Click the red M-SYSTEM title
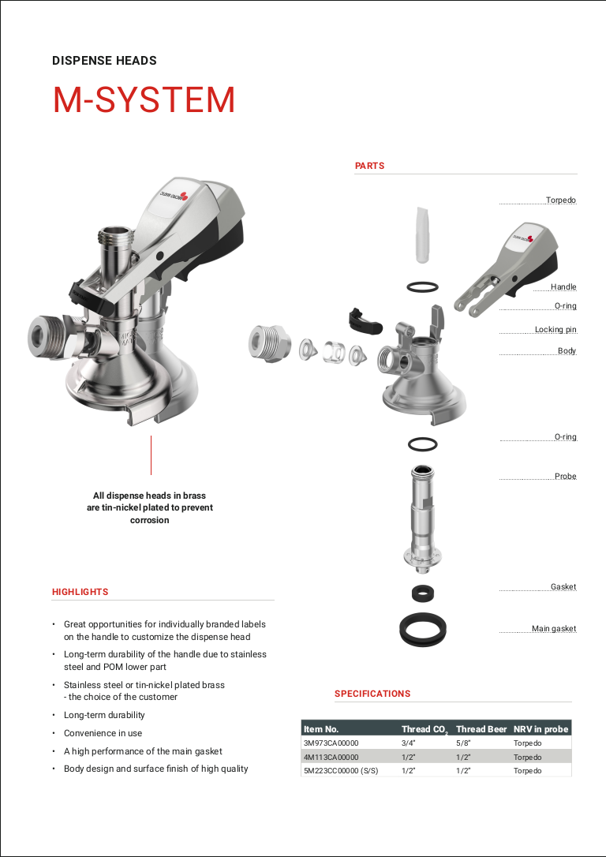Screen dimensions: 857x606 [x=144, y=100]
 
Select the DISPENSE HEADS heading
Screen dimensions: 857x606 [x=104, y=61]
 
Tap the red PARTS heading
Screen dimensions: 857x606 [x=369, y=166]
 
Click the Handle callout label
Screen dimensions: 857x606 [x=563, y=287]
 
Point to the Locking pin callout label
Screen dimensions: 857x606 [x=555, y=330]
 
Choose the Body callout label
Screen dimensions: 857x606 [x=567, y=351]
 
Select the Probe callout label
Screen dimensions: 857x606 [x=565, y=477]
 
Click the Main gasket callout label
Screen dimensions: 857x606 [x=554, y=629]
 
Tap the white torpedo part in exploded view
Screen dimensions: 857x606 [x=422, y=234]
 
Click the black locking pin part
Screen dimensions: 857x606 [x=364, y=320]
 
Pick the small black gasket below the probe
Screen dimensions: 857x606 [x=423, y=593]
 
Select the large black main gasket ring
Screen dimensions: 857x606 [x=423, y=629]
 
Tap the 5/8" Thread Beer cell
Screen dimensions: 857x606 [x=463, y=743]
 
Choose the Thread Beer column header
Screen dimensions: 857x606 [x=481, y=729]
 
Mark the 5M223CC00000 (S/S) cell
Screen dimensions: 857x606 [x=341, y=771]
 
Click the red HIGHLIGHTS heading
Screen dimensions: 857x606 [x=80, y=592]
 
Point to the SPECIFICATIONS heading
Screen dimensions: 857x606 [x=372, y=694]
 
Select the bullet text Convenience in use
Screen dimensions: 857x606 [x=103, y=733]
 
